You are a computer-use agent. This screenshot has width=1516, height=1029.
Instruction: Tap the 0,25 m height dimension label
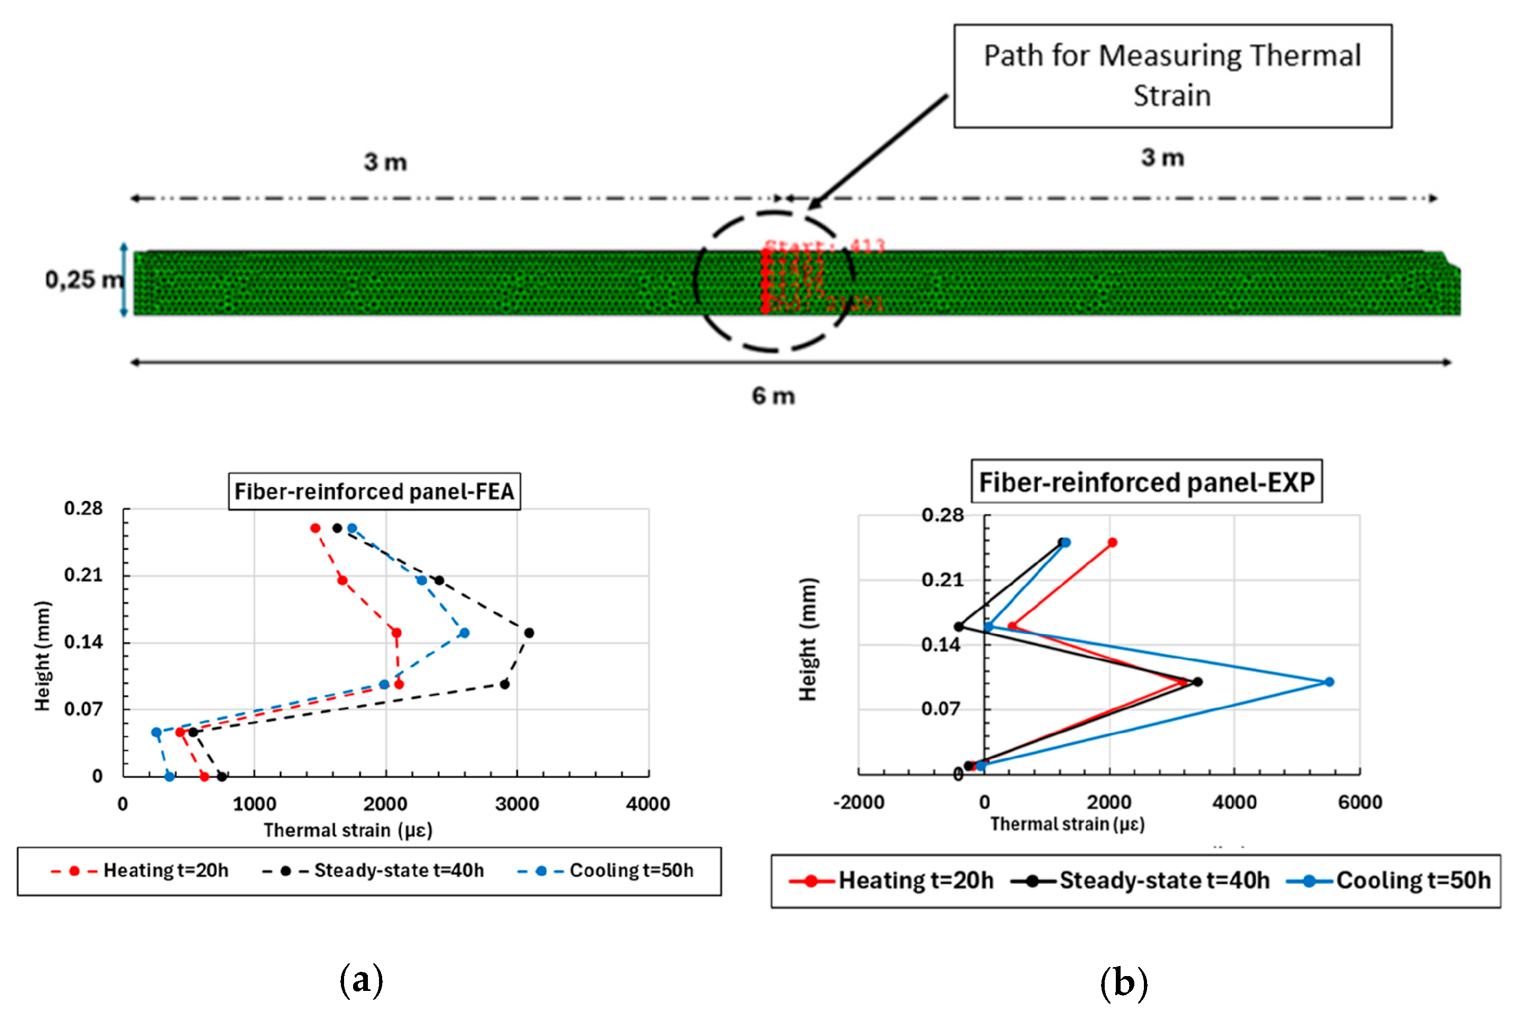pos(84,280)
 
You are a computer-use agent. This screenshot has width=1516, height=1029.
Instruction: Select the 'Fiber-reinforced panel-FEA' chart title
pos(374,491)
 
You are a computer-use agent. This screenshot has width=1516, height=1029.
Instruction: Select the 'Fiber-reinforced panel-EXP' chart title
pos(1146,482)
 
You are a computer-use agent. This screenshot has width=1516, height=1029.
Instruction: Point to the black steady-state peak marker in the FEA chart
pos(529,633)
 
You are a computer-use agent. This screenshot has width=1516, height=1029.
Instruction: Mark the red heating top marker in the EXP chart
pos(1112,542)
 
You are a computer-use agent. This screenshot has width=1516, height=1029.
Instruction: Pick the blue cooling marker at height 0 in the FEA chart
pos(169,777)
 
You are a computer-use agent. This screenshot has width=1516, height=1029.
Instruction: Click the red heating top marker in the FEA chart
pos(315,528)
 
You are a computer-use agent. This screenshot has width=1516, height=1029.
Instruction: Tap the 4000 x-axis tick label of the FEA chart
pos(648,804)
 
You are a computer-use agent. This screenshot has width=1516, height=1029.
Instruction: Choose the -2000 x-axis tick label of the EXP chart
pos(859,802)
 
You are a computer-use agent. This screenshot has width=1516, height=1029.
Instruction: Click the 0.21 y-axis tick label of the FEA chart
pos(84,575)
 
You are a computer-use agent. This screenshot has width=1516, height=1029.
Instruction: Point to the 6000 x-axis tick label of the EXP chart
pos(1359,802)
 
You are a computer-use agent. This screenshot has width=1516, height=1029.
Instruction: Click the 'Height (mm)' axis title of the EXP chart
pos(808,639)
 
